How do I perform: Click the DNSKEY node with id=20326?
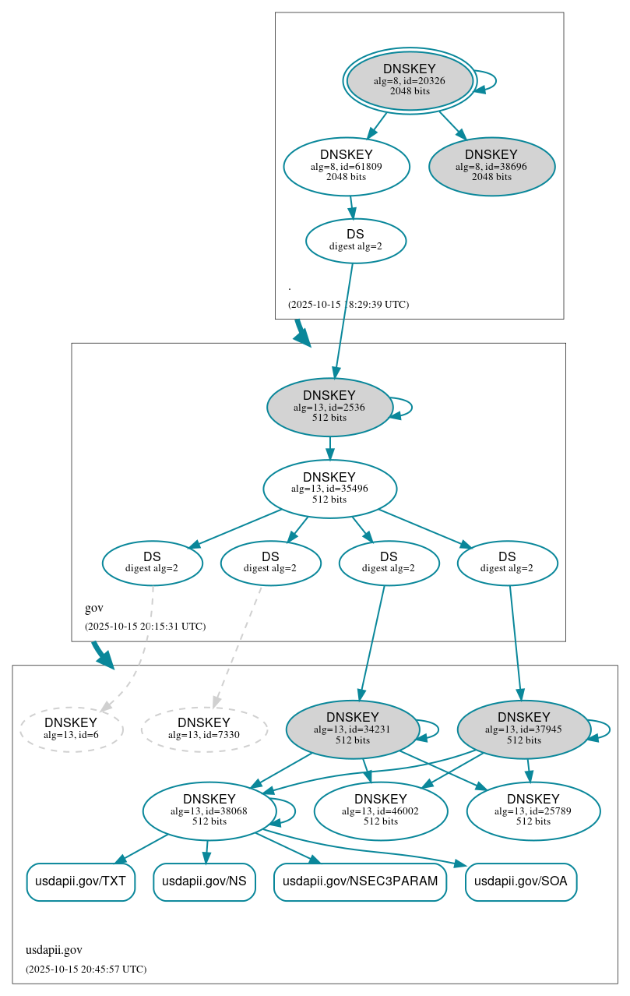(410, 80)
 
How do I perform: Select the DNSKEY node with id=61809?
(347, 166)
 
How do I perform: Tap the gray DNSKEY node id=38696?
(491, 166)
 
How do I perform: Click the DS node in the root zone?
(355, 240)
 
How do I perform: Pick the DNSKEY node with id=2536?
(329, 407)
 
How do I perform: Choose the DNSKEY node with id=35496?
(329, 489)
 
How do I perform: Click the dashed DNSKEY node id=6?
(71, 729)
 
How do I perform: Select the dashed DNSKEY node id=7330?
(204, 729)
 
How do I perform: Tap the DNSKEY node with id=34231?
(352, 729)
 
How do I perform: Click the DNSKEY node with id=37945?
(523, 729)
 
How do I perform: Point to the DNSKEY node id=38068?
(209, 811)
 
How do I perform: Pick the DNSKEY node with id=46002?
(381, 811)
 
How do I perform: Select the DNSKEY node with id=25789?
(533, 811)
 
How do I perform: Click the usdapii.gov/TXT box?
(81, 881)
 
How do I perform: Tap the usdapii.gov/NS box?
(204, 881)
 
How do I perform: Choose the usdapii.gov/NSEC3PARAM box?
(360, 881)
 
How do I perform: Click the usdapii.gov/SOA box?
(521, 881)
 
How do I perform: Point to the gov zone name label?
(93, 608)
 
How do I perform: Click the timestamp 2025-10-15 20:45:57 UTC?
(86, 969)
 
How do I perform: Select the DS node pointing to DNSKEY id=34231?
(389, 563)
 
